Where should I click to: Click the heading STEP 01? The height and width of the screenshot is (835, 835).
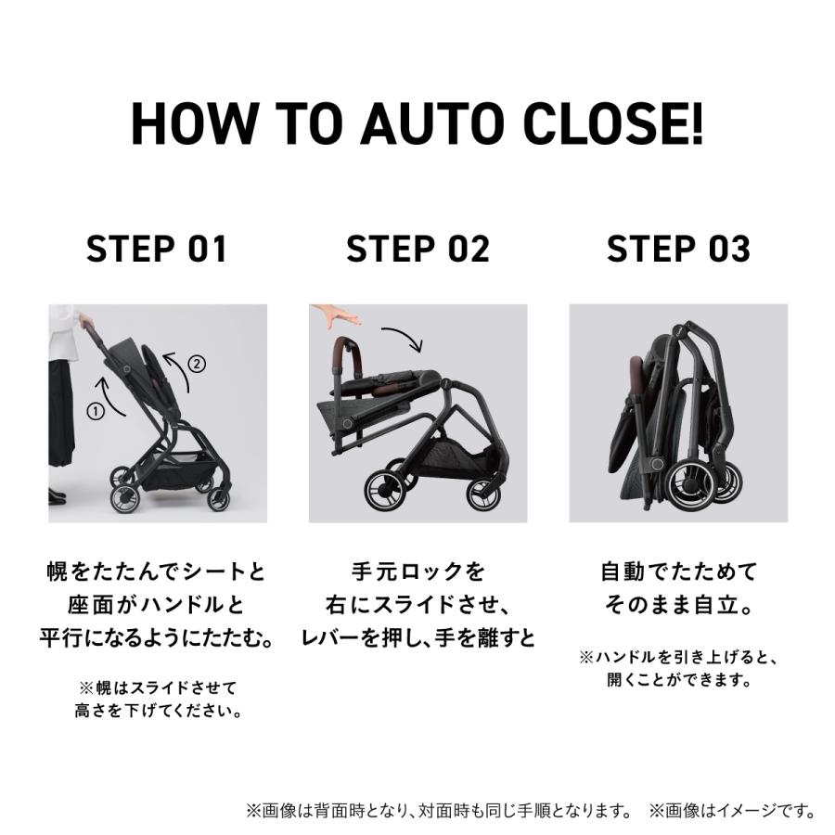coord(157,250)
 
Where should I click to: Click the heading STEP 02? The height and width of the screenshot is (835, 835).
coord(417,250)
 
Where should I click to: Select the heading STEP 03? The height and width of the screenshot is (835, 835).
coord(678,250)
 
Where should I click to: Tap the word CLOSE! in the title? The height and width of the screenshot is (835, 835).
coord(612,123)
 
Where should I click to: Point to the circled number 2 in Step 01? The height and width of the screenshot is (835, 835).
coord(196,364)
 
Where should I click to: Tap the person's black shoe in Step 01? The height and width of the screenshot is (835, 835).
coord(58,495)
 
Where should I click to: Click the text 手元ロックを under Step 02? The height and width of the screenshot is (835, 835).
coord(417,570)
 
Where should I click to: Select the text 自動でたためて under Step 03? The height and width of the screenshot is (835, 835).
coord(678,570)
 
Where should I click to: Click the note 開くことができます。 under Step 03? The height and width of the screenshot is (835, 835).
coord(678,680)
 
